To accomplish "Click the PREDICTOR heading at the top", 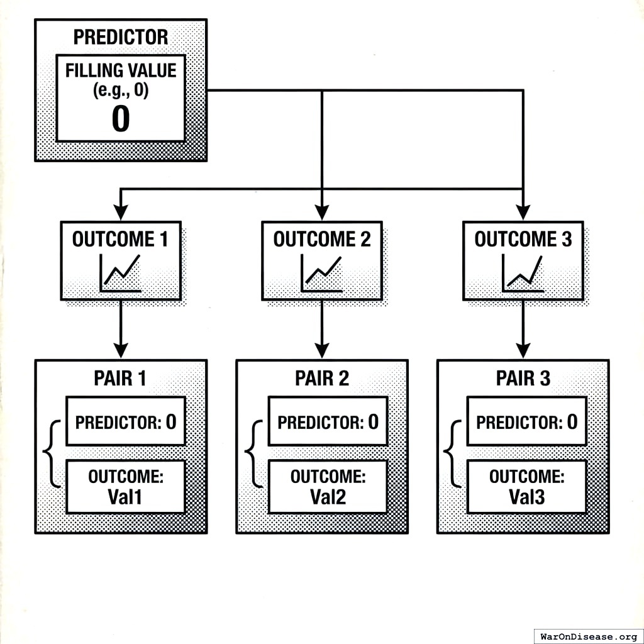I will point(121,37).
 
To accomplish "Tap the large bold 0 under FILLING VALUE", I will point(121,119).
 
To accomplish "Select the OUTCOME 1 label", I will point(120,240).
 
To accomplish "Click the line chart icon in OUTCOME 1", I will point(120,274).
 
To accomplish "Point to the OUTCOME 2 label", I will point(321,240).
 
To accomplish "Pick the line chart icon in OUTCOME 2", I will point(321,274).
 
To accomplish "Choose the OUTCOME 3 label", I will point(523,240).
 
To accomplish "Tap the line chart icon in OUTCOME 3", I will point(523,274).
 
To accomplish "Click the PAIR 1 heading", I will point(120,379).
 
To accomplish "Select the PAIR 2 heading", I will point(321,379).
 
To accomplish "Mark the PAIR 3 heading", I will point(523,379).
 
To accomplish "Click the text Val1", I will point(125,497).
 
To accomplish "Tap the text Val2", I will point(328,497).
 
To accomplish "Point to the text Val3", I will point(526,497).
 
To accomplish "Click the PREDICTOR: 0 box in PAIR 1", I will point(125,421).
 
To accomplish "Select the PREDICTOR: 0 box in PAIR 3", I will point(526,421).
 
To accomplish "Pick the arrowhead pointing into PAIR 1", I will point(120,350).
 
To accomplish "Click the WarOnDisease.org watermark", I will point(588,636).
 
